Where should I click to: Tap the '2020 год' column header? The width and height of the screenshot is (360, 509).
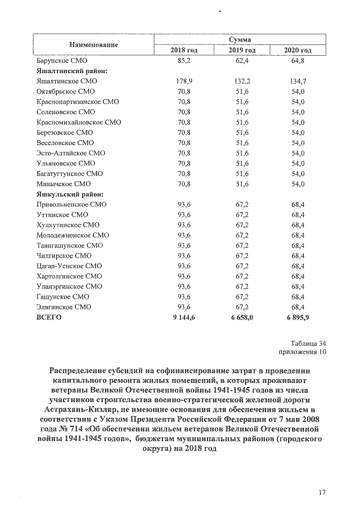pos(298,51)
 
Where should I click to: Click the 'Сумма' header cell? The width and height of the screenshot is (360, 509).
pos(240,39)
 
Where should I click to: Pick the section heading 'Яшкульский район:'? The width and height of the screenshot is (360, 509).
pos(69,194)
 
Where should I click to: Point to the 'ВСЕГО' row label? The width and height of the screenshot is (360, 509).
pos(48,317)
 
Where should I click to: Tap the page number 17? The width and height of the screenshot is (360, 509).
pos(322,493)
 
